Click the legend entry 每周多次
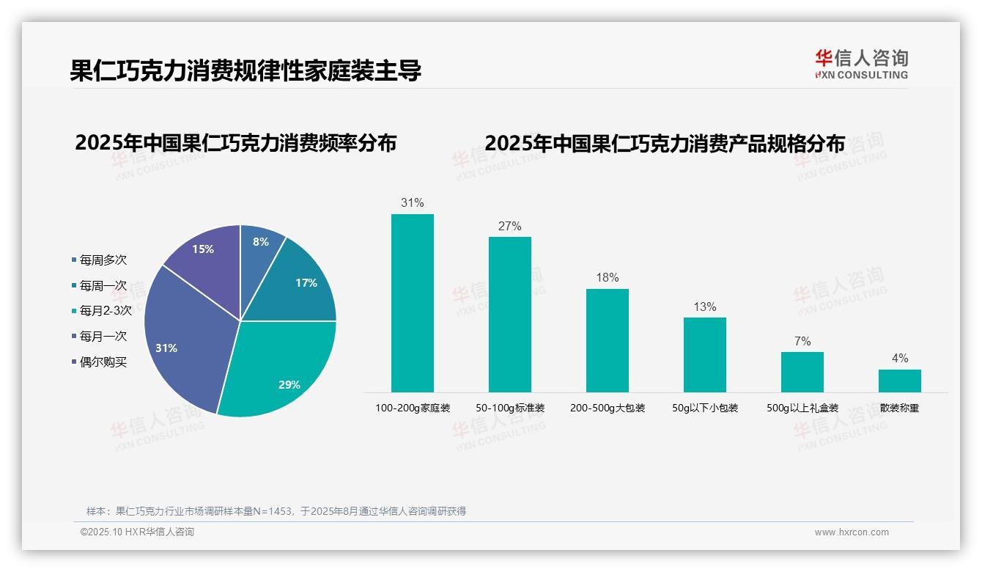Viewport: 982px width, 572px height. [x=103, y=260]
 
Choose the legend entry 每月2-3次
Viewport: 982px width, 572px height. [x=105, y=310]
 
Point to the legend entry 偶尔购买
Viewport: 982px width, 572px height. [x=103, y=362]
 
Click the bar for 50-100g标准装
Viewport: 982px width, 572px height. [x=509, y=315]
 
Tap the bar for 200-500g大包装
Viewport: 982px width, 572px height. [x=607, y=340]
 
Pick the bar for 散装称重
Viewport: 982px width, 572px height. [x=899, y=381]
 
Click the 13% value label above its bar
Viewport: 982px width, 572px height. [x=704, y=307]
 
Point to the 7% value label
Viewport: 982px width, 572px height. [x=802, y=342]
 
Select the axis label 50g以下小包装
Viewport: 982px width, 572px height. [x=704, y=408]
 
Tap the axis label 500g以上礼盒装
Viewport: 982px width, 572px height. [x=802, y=408]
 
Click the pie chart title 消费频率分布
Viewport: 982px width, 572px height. [x=235, y=142]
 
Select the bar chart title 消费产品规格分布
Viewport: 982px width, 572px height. [x=664, y=142]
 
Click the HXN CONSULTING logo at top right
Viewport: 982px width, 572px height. [x=861, y=64]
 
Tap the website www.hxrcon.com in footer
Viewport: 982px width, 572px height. [x=851, y=532]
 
